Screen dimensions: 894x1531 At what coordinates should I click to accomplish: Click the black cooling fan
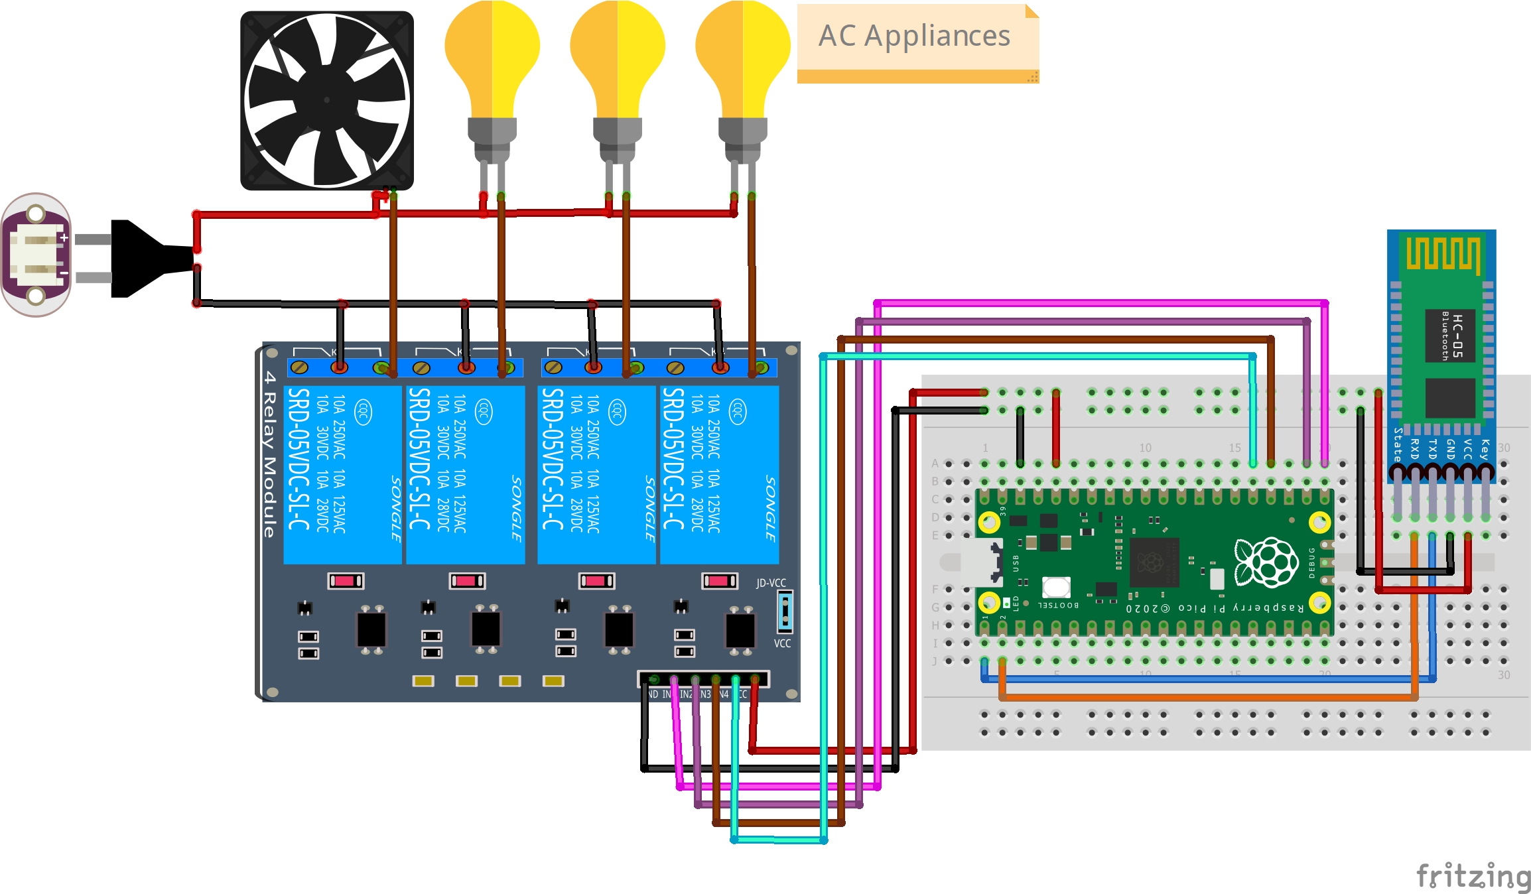click(326, 100)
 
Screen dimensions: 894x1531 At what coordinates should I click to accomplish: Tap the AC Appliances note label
click(915, 36)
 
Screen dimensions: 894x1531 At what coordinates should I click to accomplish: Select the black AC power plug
click(146, 258)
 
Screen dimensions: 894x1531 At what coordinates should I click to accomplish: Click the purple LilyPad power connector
click(36, 255)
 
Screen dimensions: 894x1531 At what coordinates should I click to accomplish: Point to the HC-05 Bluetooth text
click(1451, 336)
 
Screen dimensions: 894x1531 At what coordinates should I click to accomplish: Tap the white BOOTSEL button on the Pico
click(1055, 587)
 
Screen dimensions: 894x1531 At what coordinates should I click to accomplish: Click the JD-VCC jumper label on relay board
click(771, 583)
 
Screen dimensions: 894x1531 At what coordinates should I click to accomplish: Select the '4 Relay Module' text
click(269, 454)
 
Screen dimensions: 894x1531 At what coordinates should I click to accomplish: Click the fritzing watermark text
click(1473, 876)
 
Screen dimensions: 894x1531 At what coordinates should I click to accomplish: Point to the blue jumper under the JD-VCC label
click(785, 611)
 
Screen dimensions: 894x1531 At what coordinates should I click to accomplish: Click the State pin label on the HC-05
click(1398, 444)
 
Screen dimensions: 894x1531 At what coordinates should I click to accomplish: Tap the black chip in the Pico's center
click(1154, 562)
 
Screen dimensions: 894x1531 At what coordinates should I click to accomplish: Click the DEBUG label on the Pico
click(1311, 562)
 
